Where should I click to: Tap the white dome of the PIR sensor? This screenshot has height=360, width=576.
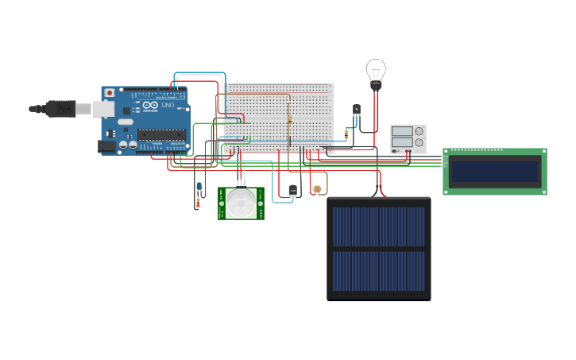241,203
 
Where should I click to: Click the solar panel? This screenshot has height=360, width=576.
379,249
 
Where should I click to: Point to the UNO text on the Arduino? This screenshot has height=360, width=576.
168,106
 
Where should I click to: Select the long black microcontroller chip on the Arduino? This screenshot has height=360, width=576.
162,134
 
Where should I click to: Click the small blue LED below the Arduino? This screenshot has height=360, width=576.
199,187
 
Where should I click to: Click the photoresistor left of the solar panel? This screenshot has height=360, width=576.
317,189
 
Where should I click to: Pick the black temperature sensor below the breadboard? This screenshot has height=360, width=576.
292,190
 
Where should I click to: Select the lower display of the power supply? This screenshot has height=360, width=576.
402,143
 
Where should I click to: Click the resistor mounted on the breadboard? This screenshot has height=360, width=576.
289,121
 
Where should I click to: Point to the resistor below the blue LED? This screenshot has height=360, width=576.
198,203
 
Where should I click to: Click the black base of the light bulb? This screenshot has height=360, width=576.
376,85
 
